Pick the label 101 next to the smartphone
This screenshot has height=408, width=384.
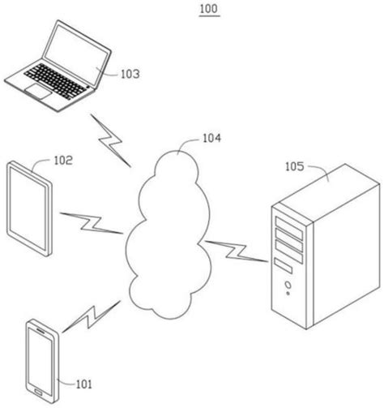click(x=84, y=384)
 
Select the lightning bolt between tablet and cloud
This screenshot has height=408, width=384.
click(x=88, y=222)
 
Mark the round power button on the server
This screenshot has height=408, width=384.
click(x=287, y=285)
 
